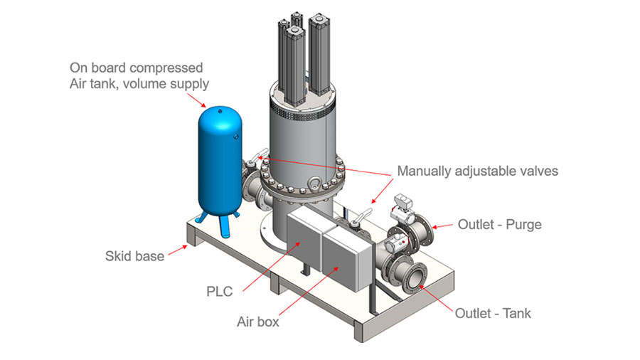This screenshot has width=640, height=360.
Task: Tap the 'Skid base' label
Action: click(134, 255)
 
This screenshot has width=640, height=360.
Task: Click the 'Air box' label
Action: click(257, 322)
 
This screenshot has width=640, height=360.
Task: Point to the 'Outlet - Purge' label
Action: click(499, 225)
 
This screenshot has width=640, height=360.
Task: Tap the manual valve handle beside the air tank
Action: click(260, 154)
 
